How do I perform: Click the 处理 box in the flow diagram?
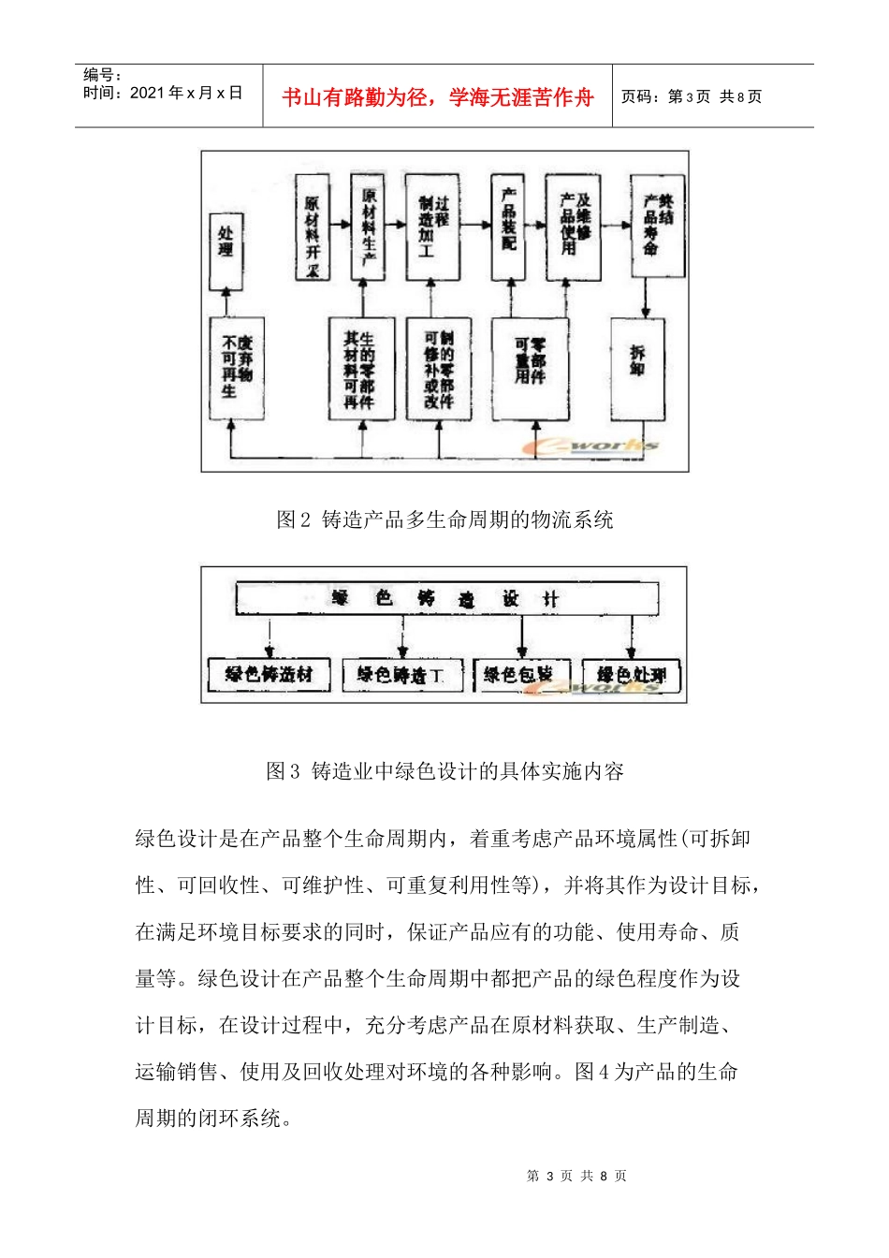pos(226,250)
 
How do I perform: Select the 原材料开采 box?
pos(312,227)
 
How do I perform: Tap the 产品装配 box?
pos(508,227)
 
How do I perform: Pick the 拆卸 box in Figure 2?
pos(637,368)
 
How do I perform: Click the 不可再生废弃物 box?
pos(237,368)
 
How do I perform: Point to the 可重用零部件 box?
pos(530,368)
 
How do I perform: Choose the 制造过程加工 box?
pos(432,227)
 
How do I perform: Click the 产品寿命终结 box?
pos(657,226)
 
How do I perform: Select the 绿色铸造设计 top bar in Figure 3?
pos(446,599)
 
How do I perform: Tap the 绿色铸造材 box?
pos(269,674)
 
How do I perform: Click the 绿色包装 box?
pos(520,674)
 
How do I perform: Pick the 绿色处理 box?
pos(632,674)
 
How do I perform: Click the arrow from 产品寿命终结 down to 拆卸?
pos(645,298)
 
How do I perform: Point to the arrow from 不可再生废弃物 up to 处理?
pos(226,303)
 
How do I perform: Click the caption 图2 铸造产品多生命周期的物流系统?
pos(444,519)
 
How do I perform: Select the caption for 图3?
pos(444,771)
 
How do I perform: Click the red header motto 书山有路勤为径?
pos(438,97)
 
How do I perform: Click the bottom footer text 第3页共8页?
pos(576,1176)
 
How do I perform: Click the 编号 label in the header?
pos(102,75)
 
